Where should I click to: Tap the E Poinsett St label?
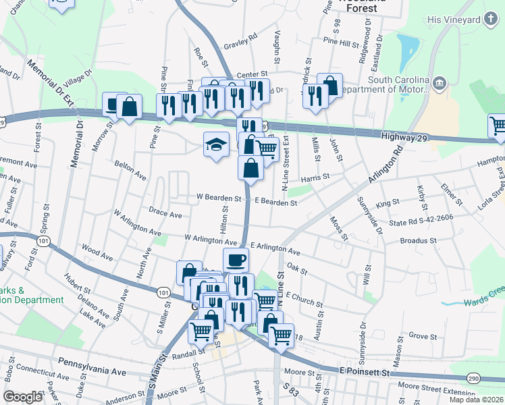tap(365, 373)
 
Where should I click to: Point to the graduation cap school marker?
tap(217, 144)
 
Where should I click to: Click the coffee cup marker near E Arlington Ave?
tap(236, 260)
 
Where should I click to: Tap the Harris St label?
tap(315, 178)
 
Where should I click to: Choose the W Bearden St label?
tap(219, 198)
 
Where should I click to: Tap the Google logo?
tap(22, 397)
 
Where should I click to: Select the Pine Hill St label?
tap(340, 43)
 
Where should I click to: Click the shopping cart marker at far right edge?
tap(498, 126)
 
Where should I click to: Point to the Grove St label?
tap(423, 335)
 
